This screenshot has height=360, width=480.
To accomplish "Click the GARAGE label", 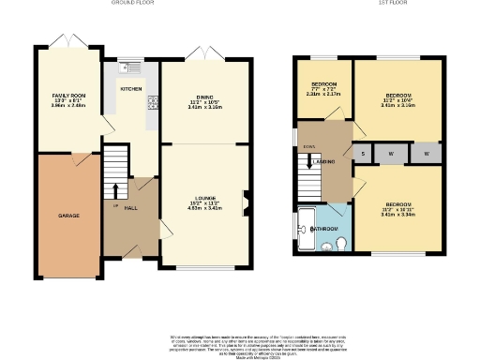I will pos(69,216).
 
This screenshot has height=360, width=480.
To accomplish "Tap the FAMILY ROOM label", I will pos(68,97).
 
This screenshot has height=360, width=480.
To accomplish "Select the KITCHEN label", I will pos(129,89).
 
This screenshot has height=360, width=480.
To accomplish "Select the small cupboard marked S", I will pos(363,152).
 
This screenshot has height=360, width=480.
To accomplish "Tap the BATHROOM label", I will pos(324,228).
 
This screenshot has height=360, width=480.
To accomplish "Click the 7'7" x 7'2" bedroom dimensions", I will pos(324,93).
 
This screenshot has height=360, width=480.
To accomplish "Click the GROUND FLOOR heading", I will pos(132,4).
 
